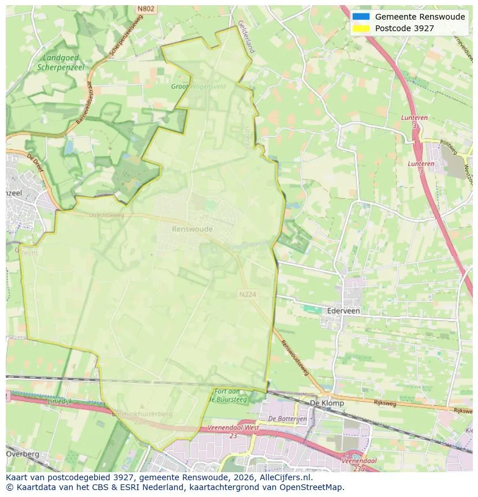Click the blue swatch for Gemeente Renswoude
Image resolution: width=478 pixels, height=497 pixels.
[x=361, y=17]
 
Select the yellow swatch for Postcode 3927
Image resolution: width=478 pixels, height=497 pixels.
[x=361, y=28]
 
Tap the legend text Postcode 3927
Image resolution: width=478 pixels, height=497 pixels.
[x=404, y=28]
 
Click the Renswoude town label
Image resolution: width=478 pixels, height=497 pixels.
[x=192, y=229]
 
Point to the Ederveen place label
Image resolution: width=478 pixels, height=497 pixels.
[x=343, y=311]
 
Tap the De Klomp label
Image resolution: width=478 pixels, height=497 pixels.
[x=327, y=403]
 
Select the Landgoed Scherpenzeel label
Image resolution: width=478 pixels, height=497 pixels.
[x=61, y=62]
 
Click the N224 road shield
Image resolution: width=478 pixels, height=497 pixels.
[x=247, y=294]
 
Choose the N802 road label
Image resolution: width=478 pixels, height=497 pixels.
[x=145, y=9]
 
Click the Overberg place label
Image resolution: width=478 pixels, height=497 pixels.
[x=23, y=454]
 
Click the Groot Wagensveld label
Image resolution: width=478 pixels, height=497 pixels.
[x=198, y=87]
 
